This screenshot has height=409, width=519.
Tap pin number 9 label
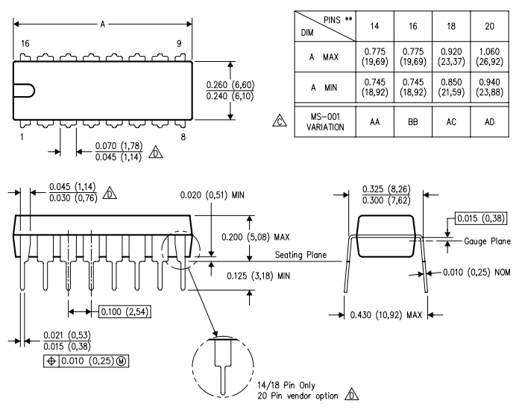coord(178,44)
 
